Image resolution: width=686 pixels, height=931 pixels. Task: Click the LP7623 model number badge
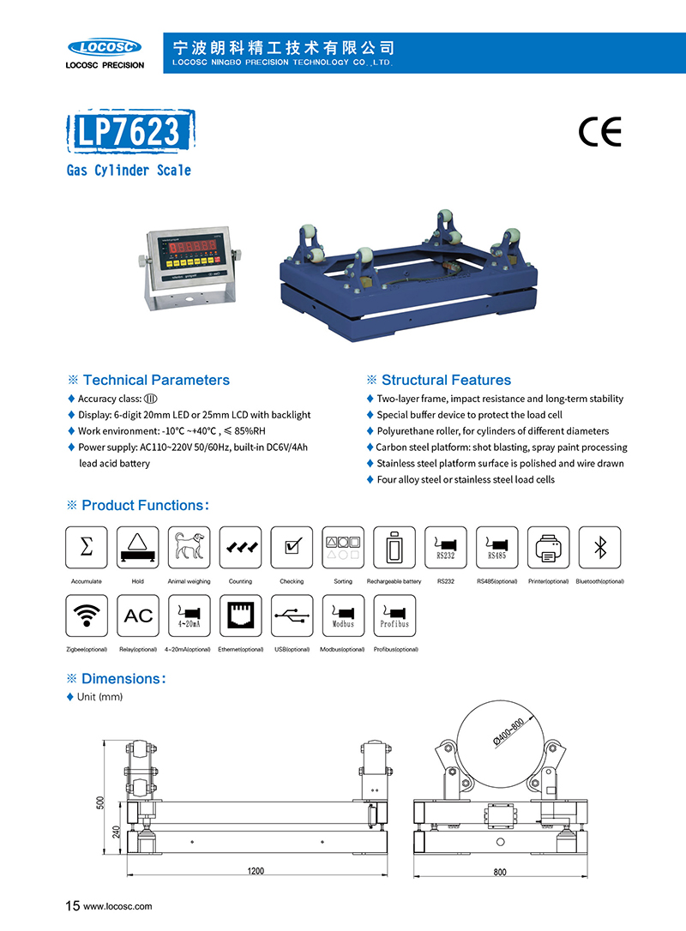point(129,131)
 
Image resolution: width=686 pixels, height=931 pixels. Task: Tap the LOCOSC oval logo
point(105,46)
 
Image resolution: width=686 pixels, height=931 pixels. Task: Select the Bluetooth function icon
point(600,547)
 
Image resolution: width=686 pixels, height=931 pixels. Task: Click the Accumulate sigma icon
point(87,547)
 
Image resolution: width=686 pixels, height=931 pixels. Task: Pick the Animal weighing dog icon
point(190,547)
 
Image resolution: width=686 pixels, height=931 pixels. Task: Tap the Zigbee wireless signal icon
point(87,616)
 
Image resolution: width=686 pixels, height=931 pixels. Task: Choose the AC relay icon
point(138,616)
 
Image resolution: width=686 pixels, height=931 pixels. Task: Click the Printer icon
point(549,547)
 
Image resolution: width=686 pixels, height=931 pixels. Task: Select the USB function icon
point(292,616)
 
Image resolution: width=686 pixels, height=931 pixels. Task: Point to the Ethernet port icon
point(240,616)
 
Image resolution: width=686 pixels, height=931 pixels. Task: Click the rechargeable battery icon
point(394,547)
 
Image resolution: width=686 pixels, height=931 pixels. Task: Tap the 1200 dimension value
point(256,871)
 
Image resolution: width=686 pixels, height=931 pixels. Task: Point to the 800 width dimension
point(500,872)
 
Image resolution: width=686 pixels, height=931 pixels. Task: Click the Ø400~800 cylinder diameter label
point(508,735)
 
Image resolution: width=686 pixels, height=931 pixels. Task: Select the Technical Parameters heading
point(155,380)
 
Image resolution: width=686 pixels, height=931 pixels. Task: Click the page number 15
point(73,905)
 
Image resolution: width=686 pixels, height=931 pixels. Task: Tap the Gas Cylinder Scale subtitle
point(129,170)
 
